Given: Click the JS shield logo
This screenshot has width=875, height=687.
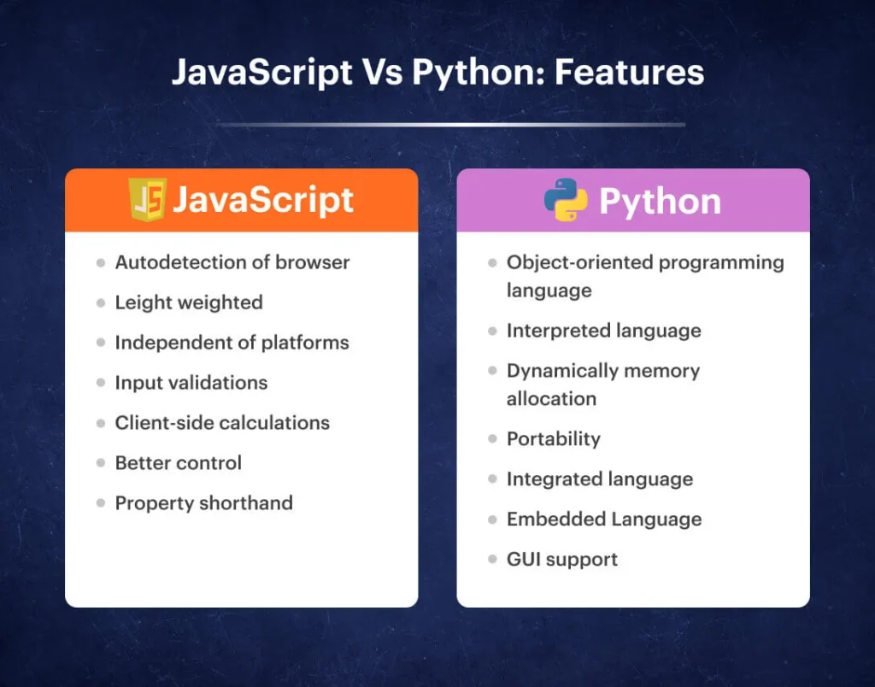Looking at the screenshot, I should pos(147,201).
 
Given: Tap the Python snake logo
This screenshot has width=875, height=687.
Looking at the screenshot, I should pos(566,201).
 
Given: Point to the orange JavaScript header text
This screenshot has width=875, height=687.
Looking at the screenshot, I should pos(263,201).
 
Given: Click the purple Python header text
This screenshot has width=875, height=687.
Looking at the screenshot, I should pos(660,202).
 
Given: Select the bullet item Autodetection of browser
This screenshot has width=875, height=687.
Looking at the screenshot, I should pos(232,262).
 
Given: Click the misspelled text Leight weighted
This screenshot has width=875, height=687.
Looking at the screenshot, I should pos(189,302).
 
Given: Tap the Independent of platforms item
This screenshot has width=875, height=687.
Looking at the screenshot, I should pos(232,343).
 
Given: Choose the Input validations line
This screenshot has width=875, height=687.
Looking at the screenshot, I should pos(191,383).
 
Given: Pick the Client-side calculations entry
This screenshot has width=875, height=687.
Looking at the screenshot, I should pos(222,423).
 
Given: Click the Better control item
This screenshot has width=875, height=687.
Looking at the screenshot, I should pos(179,463).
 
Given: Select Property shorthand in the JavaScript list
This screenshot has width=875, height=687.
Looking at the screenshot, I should pos(203,503).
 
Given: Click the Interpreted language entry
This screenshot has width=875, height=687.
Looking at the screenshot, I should pos(603,331).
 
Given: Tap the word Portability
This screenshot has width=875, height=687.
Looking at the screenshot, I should pos(554,439).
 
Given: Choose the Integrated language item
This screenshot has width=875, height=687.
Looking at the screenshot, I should pos(600,479).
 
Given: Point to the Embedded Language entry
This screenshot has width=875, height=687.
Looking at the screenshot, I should pos(604,520).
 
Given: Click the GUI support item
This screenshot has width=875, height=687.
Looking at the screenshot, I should pos(562,560).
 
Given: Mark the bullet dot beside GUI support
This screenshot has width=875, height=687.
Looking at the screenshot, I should pos(492,560).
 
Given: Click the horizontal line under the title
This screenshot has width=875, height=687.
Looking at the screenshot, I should pos(450,125).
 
